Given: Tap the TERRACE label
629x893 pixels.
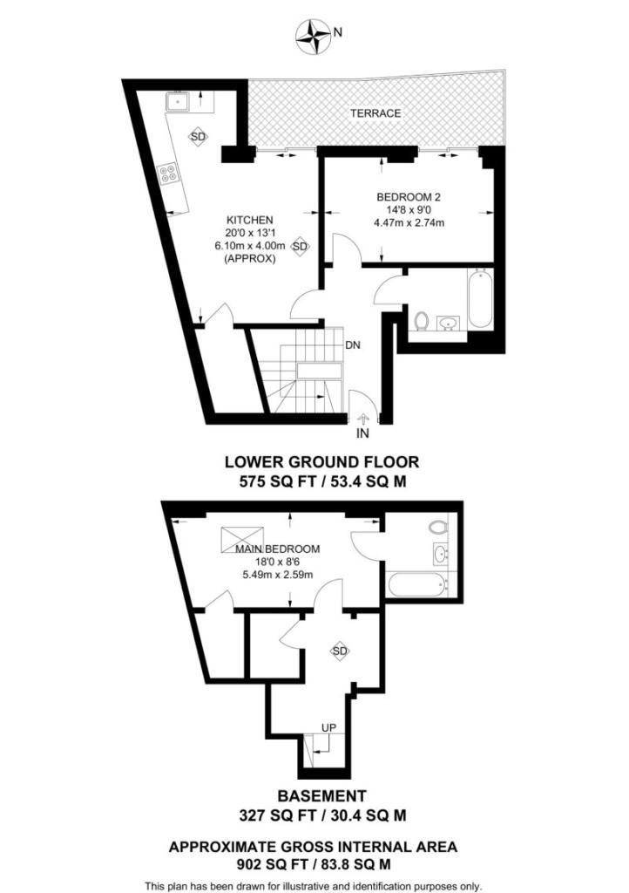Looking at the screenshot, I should click(375, 113).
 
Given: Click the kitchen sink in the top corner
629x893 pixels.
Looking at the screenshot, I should click(179, 102).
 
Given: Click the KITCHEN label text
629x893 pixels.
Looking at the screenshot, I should click(251, 220).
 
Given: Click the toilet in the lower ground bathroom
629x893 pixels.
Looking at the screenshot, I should click(421, 321).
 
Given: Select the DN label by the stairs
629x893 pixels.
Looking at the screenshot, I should click(353, 344).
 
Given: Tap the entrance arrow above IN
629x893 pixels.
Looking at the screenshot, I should click(363, 418).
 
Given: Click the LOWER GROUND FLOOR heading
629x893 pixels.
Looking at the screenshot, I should click(322, 461).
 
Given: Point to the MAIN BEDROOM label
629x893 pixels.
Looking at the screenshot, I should click(277, 549).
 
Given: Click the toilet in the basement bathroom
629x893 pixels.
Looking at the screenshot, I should click(437, 528).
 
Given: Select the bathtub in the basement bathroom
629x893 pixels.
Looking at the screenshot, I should click(417, 584).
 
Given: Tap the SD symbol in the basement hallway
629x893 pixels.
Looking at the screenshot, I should click(340, 651).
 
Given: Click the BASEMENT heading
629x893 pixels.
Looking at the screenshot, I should click(321, 795).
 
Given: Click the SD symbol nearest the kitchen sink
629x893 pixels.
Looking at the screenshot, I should click(199, 137).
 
